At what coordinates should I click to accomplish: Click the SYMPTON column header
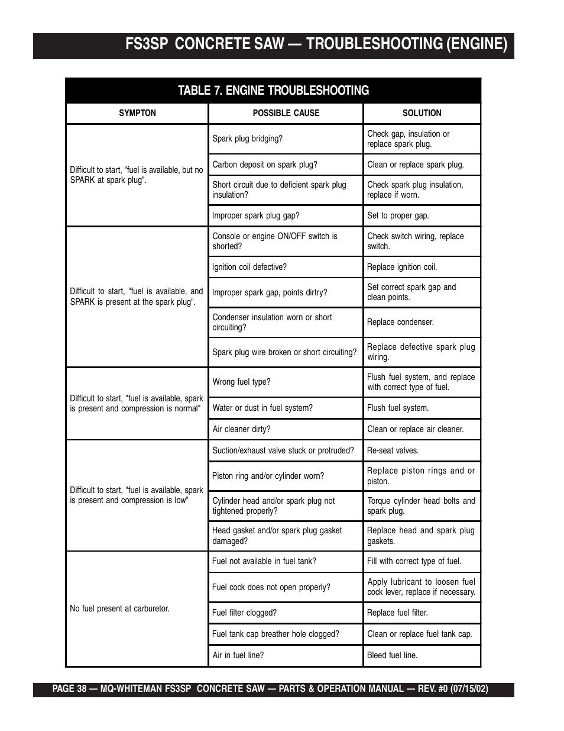click(x=137, y=113)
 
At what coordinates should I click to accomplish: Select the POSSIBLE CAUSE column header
click(x=286, y=113)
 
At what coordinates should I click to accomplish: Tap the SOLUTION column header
click(x=422, y=113)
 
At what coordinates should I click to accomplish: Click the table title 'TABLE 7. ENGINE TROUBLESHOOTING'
click(x=273, y=91)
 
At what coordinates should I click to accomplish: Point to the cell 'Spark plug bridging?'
click(x=247, y=139)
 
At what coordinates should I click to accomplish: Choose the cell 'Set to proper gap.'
click(x=398, y=215)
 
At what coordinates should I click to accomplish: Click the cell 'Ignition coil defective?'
click(x=249, y=267)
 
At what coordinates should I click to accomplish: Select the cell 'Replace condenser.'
click(x=400, y=322)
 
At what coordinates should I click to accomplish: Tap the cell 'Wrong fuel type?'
click(x=241, y=382)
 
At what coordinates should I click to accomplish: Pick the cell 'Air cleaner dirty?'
click(x=241, y=429)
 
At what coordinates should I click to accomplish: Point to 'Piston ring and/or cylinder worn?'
click(x=268, y=476)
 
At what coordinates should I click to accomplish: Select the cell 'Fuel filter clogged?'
click(x=244, y=613)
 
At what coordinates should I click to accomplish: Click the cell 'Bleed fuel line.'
click(x=392, y=655)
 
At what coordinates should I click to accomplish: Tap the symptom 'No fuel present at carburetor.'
click(x=119, y=608)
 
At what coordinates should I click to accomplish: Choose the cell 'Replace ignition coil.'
click(x=402, y=267)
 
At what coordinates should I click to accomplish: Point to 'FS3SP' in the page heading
click(x=147, y=44)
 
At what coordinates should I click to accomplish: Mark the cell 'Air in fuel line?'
click(x=238, y=655)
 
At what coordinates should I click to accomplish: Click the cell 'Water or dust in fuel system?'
click(x=262, y=408)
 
